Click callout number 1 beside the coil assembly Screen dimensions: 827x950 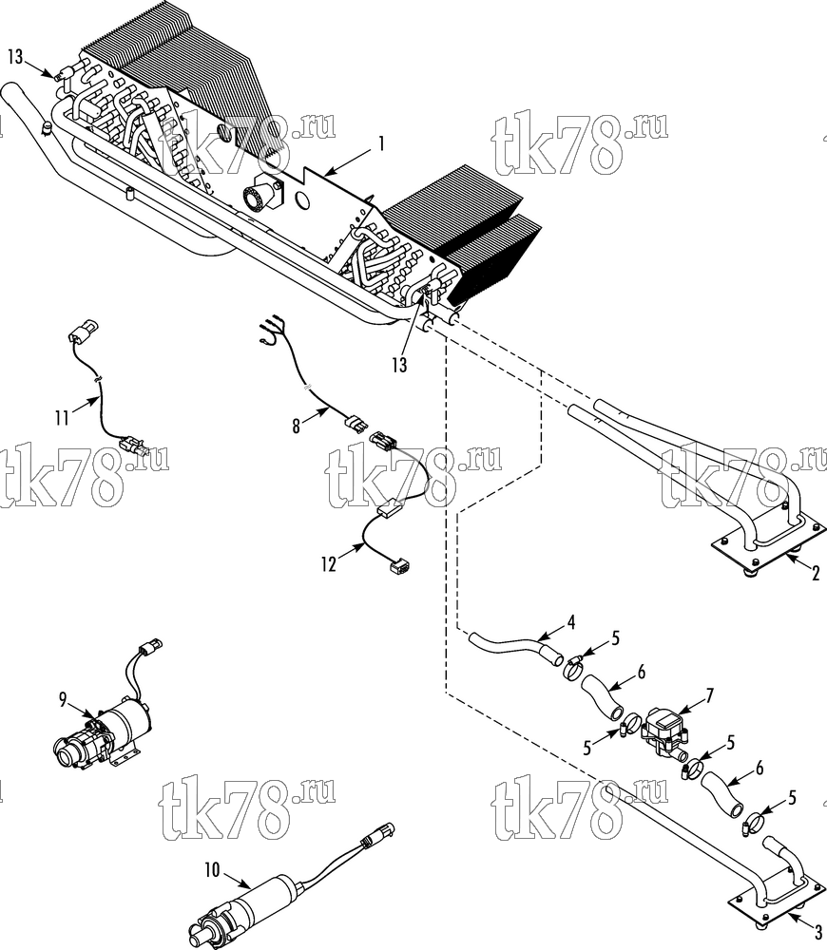pyautogui.click(x=381, y=143)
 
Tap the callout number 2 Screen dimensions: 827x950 pyautogui.click(x=816, y=573)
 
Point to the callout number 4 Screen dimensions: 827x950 pyautogui.click(x=570, y=622)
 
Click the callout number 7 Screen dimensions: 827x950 pyautogui.click(x=708, y=695)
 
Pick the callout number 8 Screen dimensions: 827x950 pyautogui.click(x=296, y=427)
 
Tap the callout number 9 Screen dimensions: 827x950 pyautogui.click(x=63, y=700)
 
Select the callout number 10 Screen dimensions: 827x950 pyautogui.click(x=212, y=870)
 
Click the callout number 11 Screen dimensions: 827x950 pyautogui.click(x=62, y=418)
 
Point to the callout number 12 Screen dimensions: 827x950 pyautogui.click(x=329, y=564)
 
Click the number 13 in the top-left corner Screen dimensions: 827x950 pyautogui.click(x=15, y=57)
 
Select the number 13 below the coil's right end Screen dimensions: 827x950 pyautogui.click(x=399, y=365)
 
